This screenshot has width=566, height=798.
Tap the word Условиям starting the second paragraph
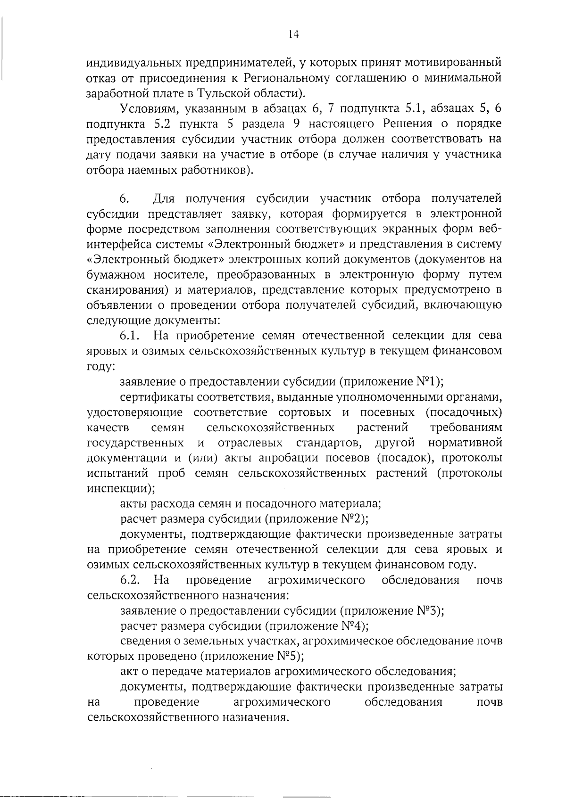click(150, 109)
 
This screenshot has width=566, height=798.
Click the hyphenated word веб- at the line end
click(490, 229)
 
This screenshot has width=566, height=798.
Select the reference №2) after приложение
click(353, 519)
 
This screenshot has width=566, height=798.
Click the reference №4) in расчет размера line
click(354, 626)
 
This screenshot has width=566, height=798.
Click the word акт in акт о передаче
click(129, 672)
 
